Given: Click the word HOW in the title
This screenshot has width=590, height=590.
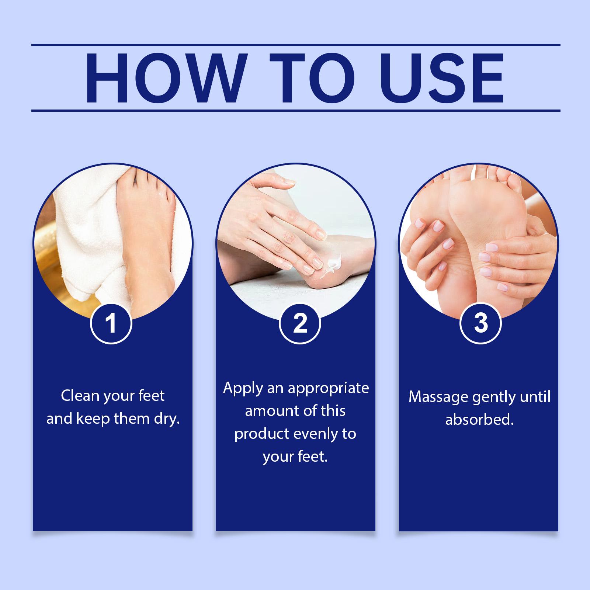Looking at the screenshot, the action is tap(164, 78).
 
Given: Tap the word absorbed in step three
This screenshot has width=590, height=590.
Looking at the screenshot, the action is tap(479, 420).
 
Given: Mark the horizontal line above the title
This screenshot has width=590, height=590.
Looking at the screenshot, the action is tap(296, 45).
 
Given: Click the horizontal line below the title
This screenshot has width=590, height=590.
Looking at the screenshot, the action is tap(296, 110).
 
